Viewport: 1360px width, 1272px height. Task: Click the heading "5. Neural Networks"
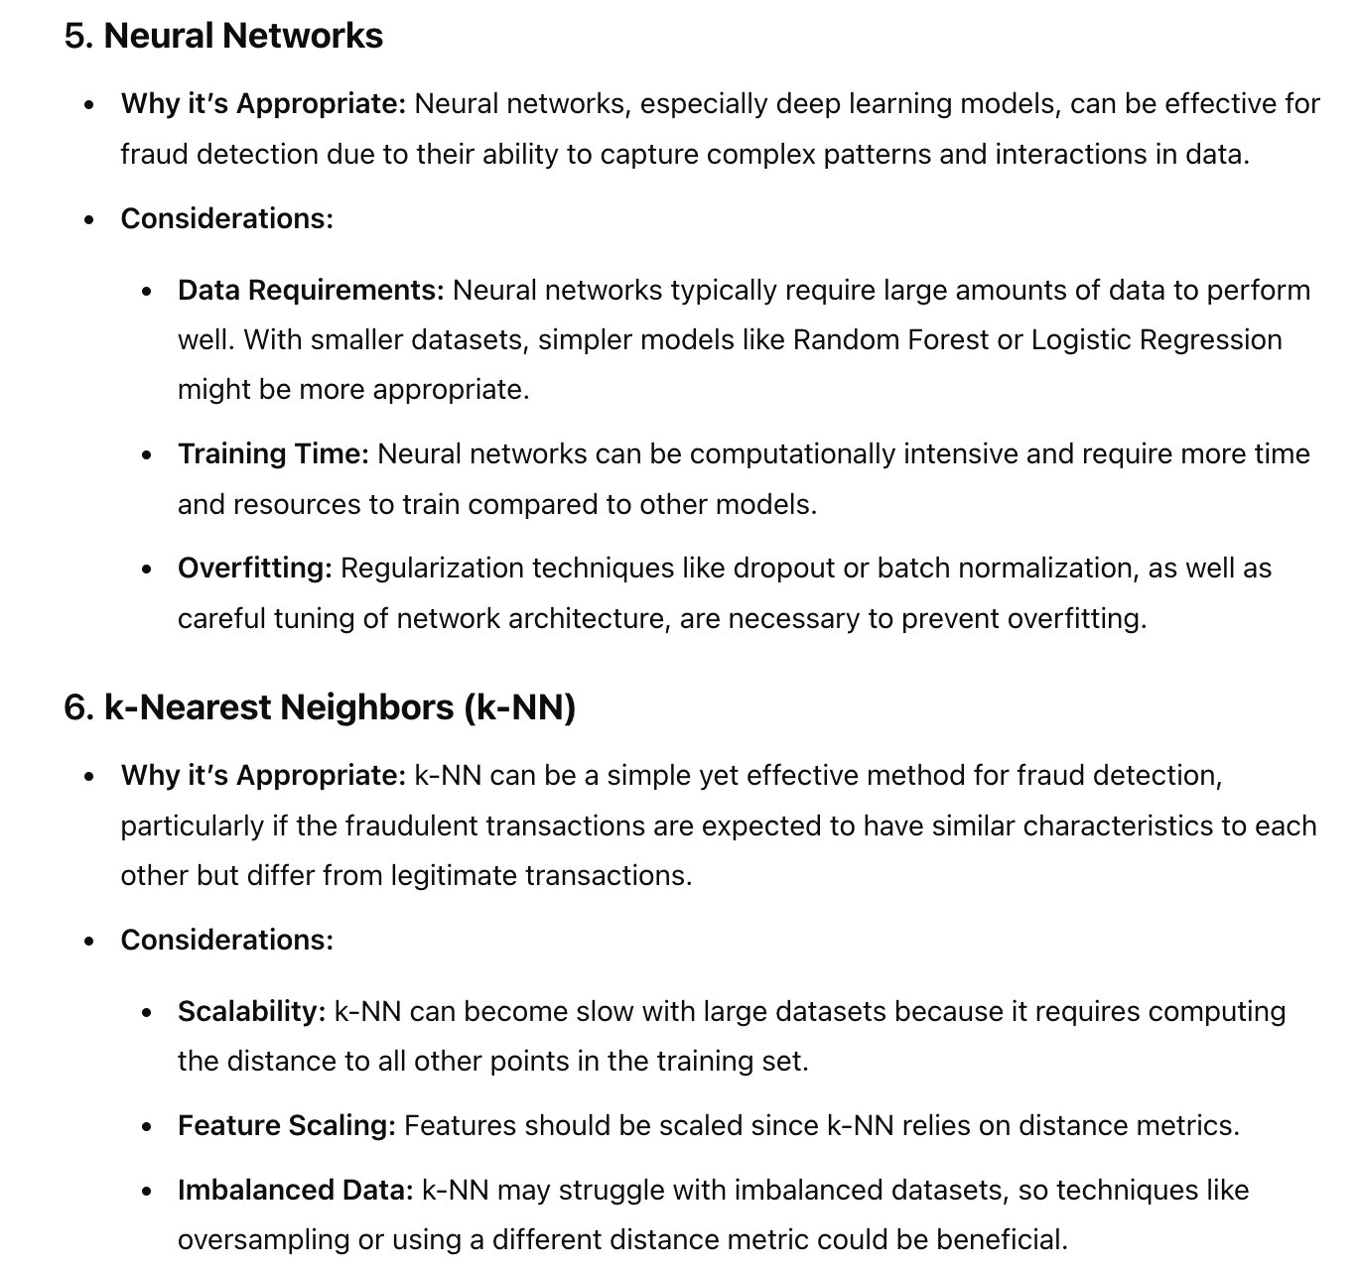coord(223,36)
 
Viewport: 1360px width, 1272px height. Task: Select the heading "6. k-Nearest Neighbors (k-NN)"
coord(320,707)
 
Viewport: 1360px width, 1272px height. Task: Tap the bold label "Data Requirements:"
coord(311,290)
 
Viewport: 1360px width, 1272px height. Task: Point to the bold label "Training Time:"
coord(273,453)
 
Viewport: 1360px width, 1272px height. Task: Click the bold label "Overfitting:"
coord(254,569)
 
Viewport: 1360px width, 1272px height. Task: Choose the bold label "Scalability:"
coord(251,1011)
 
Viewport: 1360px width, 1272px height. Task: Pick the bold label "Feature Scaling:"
coord(286,1125)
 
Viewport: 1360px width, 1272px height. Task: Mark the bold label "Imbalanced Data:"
coord(295,1190)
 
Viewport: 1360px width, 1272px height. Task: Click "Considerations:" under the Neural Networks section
coord(227,218)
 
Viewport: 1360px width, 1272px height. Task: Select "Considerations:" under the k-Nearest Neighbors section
coord(227,940)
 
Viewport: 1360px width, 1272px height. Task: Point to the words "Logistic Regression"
coord(1156,339)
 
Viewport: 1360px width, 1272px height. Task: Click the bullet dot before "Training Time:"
coord(147,455)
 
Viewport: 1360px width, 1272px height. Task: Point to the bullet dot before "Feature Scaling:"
coord(147,1127)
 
